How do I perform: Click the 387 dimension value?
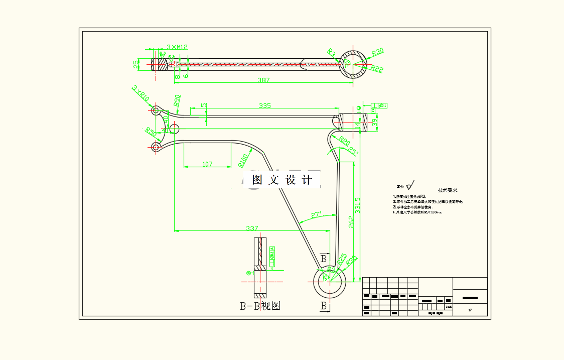(264, 80)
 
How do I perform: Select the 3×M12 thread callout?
(177, 47)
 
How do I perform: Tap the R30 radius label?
(377, 52)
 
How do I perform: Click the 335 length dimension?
(264, 105)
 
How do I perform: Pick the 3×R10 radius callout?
(140, 93)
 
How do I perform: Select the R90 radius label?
(176, 100)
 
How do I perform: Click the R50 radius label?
(150, 133)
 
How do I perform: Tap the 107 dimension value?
(207, 164)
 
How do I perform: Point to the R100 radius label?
(243, 160)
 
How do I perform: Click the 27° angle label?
(316, 215)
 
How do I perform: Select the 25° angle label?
(353, 151)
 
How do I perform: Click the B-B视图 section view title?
(260, 306)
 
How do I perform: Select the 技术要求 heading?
(448, 190)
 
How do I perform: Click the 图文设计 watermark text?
(283, 180)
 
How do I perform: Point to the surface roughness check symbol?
(411, 184)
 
